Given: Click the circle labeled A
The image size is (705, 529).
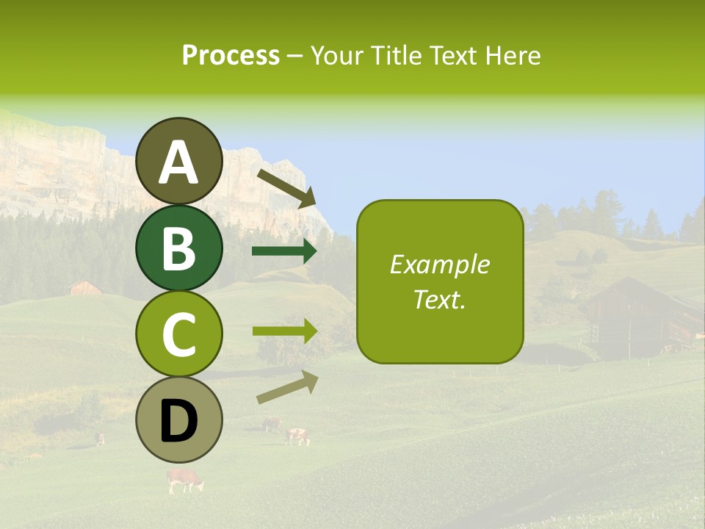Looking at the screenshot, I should (x=179, y=161).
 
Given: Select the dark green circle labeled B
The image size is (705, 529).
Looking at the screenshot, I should (x=179, y=248).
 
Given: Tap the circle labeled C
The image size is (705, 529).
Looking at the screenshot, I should (x=179, y=334).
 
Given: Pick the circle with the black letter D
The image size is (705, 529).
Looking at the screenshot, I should (x=179, y=420).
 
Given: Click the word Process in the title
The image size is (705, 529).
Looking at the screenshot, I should (x=231, y=55).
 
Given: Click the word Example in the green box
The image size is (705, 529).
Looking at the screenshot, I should (x=440, y=264).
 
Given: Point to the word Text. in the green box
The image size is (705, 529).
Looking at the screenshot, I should (x=440, y=299).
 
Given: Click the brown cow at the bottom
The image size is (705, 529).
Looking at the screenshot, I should (x=184, y=480).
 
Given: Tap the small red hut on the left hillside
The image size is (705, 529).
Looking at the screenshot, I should (x=85, y=287).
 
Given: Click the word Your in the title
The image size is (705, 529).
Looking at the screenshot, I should (x=337, y=55).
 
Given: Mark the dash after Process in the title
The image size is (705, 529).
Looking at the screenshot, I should (x=294, y=57).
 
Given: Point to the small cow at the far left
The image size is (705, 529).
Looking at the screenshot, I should (x=99, y=439).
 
